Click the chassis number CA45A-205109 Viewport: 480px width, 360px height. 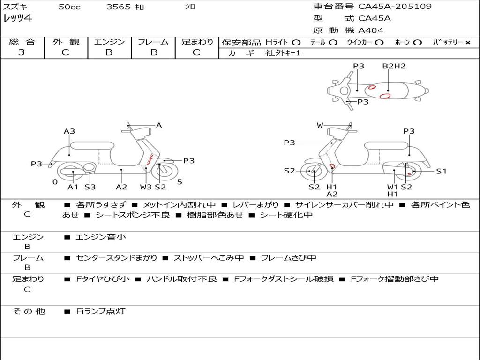coord(395,7)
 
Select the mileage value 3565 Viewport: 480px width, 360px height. coord(118,7)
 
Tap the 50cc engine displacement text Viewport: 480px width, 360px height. coord(69,7)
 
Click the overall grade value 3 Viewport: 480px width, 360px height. coord(22,52)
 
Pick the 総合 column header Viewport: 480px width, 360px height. coord(22,42)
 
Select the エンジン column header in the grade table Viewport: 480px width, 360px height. coord(109,42)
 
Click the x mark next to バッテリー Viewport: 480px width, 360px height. coord(467,42)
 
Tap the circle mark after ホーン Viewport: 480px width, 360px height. coord(417,42)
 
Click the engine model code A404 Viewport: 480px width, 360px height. coord(371,30)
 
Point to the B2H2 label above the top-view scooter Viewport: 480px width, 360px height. coord(394,66)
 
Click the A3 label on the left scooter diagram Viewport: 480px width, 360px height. coord(69,131)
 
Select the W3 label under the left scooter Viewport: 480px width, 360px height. coord(146,187)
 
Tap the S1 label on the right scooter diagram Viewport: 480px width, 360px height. coord(442,171)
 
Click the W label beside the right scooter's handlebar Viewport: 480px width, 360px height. coord(320,125)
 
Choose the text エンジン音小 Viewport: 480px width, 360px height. coord(101,237)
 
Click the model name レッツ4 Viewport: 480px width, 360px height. coord(17,19)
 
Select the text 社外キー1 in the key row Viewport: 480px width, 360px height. coord(283,53)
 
